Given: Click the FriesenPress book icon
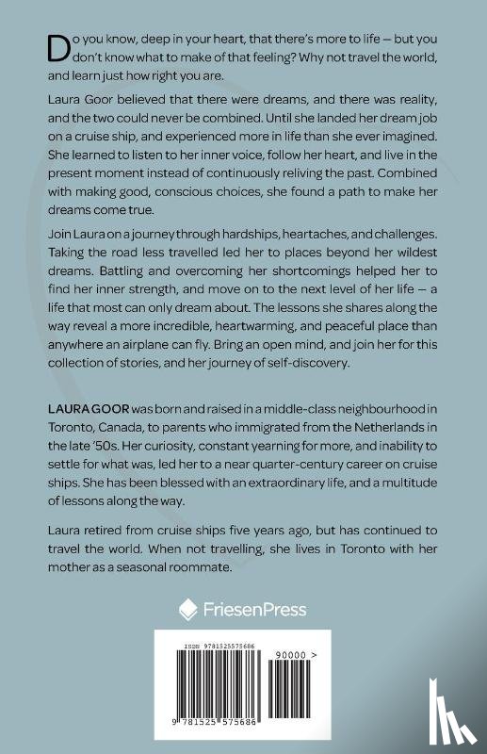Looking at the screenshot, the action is pos(187,609).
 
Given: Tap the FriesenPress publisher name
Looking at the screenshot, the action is pos(255,609).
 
